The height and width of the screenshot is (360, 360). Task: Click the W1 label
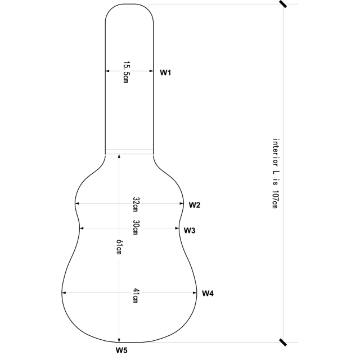[x=165, y=72]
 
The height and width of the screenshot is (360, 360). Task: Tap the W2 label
[x=195, y=205]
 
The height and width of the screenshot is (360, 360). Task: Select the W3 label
[x=190, y=231]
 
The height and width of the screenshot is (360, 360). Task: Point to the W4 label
[x=208, y=293]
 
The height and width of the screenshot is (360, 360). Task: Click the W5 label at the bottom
[x=122, y=351]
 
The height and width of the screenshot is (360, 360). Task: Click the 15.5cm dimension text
[x=126, y=72]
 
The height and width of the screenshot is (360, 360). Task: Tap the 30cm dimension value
[x=136, y=227]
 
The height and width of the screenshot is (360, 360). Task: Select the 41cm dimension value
[x=136, y=296]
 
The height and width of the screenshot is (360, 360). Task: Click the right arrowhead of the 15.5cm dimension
[x=151, y=71]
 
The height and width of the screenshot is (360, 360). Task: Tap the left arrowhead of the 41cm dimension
[x=64, y=292]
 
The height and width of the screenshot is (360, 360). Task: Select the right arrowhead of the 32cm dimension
[x=182, y=204]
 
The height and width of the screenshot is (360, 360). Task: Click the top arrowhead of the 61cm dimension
[x=119, y=156]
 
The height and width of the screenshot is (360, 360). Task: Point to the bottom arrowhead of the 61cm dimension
[x=119, y=339]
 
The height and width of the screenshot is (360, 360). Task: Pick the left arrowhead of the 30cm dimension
[x=83, y=228]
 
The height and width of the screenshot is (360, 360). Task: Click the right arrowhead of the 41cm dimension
[x=194, y=292]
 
